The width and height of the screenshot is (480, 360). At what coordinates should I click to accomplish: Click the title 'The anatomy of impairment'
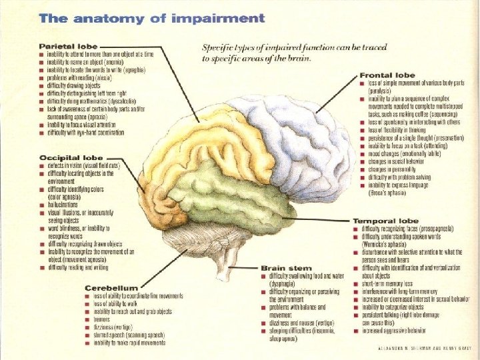pos(152,18)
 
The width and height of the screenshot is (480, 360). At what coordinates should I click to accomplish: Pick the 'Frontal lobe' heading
pos(387,75)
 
